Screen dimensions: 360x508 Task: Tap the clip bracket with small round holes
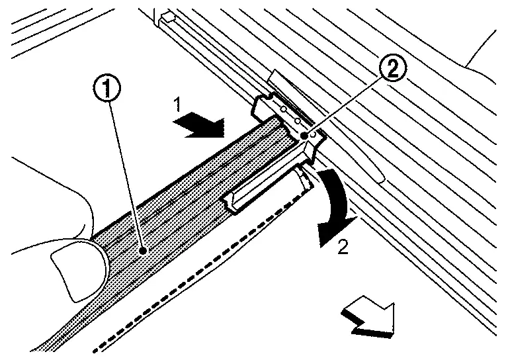(x=288, y=119)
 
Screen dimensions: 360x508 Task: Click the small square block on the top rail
(x=169, y=15)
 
